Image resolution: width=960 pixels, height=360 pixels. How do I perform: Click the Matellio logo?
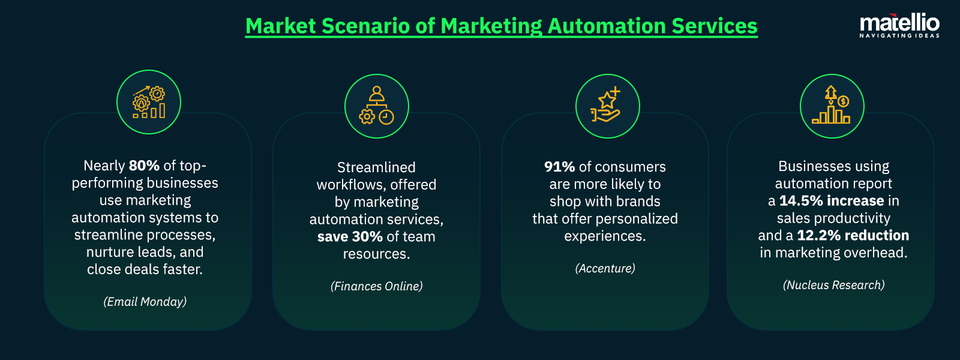899,23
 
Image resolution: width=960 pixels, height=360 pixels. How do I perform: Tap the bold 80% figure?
144,166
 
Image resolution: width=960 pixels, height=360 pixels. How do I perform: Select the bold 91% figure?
559,167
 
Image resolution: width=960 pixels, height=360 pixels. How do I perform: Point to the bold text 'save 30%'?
350,237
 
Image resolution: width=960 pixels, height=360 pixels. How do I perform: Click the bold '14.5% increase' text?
832,201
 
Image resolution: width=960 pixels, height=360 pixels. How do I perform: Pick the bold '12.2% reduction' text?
853,236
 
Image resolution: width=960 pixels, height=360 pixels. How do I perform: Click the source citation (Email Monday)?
145,302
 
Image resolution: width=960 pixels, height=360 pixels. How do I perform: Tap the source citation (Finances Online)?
377,286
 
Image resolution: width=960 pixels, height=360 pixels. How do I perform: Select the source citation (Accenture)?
605,268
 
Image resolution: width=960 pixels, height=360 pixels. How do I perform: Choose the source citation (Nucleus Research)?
833,285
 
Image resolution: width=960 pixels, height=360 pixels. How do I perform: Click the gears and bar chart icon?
149,102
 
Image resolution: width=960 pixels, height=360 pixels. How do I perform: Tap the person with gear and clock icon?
377,106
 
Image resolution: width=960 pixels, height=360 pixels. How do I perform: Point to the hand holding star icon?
607,106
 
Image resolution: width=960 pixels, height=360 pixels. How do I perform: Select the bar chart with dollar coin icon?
832,106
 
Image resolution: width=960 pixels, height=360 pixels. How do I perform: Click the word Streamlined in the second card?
376,167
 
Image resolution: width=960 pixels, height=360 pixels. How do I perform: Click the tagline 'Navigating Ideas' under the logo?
899,36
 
